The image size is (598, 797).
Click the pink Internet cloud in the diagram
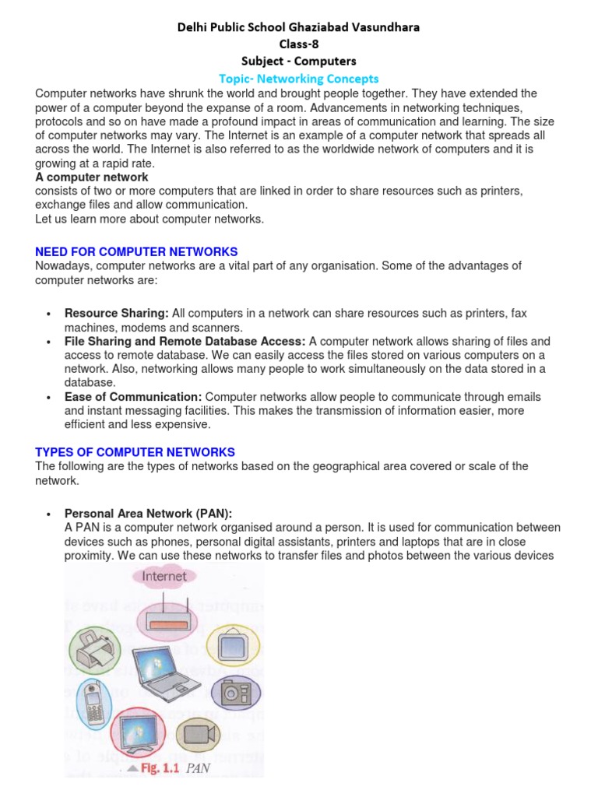[164, 577]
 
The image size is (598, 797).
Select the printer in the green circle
[94, 645]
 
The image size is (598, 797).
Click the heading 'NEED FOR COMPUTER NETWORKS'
[136, 251]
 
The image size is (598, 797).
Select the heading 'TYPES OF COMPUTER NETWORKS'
[135, 452]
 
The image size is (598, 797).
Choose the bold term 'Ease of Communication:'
[133, 397]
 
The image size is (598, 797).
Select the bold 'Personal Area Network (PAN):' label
[148, 514]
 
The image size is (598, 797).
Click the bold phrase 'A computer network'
[92, 177]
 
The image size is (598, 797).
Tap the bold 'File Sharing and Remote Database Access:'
[185, 341]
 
